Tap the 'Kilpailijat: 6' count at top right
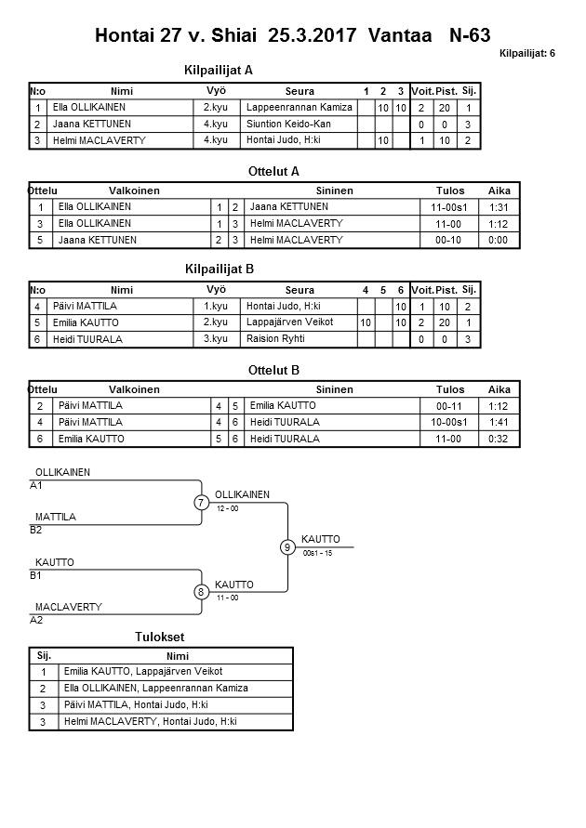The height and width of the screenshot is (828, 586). coord(526,53)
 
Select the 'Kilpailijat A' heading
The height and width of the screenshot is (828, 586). coord(220,70)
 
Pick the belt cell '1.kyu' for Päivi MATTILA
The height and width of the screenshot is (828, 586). coord(216,306)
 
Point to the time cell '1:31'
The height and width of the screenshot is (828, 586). coord(499,207)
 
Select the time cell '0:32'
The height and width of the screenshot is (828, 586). coord(499,439)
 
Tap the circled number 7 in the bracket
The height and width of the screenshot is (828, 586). coord(201,503)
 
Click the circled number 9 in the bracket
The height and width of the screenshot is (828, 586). coord(288,547)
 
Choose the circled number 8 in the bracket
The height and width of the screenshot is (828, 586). coord(201,591)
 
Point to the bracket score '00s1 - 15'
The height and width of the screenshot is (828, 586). coord(317,553)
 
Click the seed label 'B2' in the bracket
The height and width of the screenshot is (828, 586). coord(36,530)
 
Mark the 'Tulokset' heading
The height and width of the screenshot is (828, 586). coord(160,637)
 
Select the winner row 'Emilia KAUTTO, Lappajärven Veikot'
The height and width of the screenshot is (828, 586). coord(143,671)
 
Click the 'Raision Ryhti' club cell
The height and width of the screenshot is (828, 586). coord(275,339)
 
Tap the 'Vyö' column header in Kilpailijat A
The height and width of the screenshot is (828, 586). coord(216,91)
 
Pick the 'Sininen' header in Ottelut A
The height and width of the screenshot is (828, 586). coord(334,191)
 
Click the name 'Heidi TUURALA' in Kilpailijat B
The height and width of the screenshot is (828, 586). coord(88,339)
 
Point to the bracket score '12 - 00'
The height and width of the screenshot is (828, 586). coord(228,509)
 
